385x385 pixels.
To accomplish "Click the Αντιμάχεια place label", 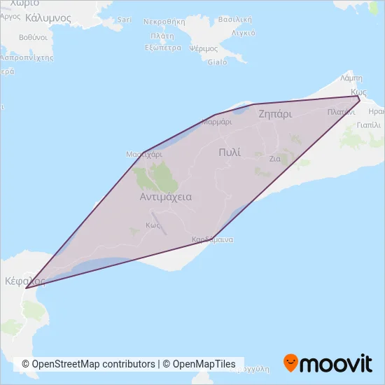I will point(166,197).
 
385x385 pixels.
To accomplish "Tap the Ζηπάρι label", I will point(274,113).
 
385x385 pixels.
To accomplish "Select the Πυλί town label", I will point(229,152).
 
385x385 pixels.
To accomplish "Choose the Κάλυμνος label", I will point(48,16).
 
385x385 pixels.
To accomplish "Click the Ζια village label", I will point(275,159).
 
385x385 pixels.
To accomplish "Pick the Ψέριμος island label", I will point(204,48).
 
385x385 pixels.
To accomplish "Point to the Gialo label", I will point(217,62).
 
